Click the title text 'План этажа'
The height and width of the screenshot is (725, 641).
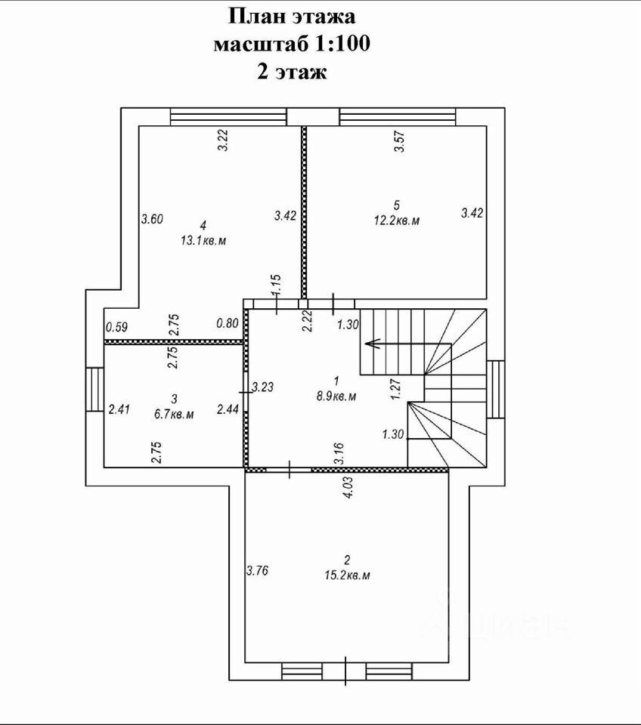pos(291,16)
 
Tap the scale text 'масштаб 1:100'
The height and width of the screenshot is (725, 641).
pos(291,44)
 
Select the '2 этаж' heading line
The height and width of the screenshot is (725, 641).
pos(291,72)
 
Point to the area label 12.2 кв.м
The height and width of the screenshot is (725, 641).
pos(396,221)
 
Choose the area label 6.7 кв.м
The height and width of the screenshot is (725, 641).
pos(172,414)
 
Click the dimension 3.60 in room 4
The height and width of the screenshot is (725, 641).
pos(152,220)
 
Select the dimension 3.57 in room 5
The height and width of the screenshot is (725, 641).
pos(401,142)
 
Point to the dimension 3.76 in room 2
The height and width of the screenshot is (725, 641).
pos(258,570)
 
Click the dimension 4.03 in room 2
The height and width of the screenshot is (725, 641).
pos(348,487)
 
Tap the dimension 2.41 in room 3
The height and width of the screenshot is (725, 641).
pos(119,409)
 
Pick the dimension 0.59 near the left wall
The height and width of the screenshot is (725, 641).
pos(116,327)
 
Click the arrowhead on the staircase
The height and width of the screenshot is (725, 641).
pos(369,345)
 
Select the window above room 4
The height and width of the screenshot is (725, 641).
pos(228,117)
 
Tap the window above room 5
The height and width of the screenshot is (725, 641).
pos(398,117)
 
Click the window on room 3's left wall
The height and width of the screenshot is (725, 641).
pos(94,389)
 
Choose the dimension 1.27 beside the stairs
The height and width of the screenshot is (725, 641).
pos(394,387)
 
